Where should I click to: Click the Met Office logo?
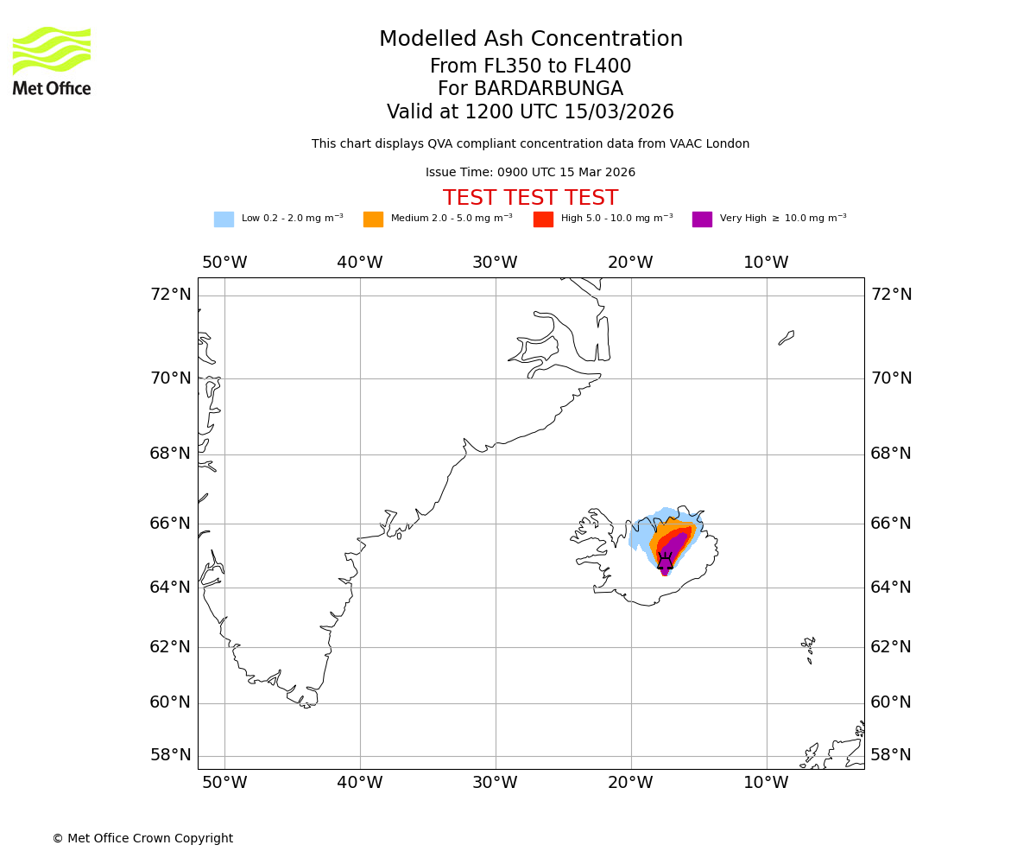point(52,60)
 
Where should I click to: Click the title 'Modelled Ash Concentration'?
point(530,39)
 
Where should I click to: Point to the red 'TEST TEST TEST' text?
point(530,198)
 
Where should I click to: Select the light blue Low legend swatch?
point(224,219)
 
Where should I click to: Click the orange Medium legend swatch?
point(373,219)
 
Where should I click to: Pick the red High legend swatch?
point(543,219)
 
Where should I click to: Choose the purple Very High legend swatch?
point(702,219)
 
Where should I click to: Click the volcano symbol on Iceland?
point(665,562)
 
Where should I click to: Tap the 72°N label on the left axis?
point(170,295)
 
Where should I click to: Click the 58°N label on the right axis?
point(890,755)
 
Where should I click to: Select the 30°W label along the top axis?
point(495,263)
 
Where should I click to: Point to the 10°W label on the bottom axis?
point(766,783)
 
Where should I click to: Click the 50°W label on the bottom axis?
point(224,783)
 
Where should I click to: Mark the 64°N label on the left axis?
point(170,588)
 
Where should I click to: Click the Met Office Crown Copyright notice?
point(142,838)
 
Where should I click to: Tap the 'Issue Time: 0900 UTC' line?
point(530,173)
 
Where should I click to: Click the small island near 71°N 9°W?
point(786,337)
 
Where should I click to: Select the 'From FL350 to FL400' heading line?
point(530,67)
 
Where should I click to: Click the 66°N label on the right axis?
point(890,524)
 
